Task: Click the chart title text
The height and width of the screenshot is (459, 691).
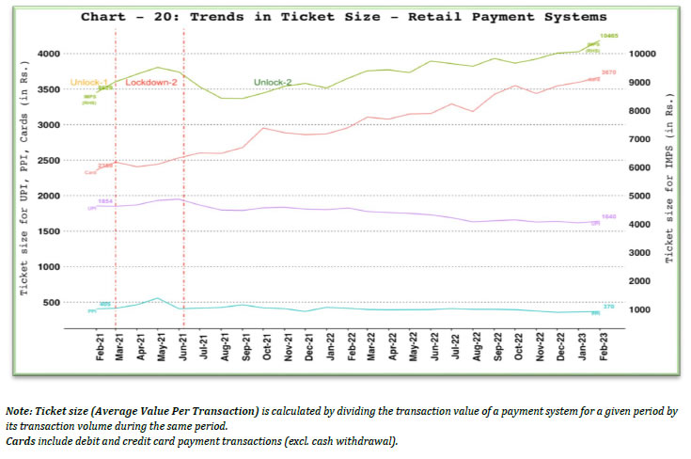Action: pyautogui.click(x=343, y=17)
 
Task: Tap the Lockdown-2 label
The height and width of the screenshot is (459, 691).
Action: pyautogui.click(x=152, y=84)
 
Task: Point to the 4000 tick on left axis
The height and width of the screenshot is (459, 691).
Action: pyautogui.click(x=46, y=54)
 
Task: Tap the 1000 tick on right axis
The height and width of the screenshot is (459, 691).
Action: pyautogui.click(x=643, y=309)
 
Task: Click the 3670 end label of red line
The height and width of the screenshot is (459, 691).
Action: pyautogui.click(x=609, y=71)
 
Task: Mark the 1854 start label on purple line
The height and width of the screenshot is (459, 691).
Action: pyautogui.click(x=105, y=201)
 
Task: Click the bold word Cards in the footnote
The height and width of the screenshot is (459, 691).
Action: pyautogui.click(x=23, y=441)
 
